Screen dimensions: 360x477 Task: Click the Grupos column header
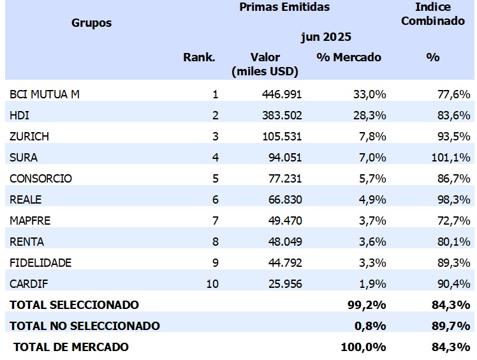click(x=91, y=23)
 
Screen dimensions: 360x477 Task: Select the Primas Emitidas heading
click(x=284, y=7)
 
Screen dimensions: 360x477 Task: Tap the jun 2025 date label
click(x=326, y=37)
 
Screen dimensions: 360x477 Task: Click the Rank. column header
click(x=199, y=57)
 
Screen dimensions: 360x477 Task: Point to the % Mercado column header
click(x=349, y=57)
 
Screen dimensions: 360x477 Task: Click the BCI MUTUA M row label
click(x=45, y=94)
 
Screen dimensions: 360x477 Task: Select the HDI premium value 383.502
click(x=281, y=116)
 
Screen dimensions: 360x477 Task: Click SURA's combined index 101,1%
click(x=451, y=158)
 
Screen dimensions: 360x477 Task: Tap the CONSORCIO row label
click(x=41, y=179)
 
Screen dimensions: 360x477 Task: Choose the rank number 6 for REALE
click(x=216, y=200)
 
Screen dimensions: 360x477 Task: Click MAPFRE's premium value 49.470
click(x=284, y=221)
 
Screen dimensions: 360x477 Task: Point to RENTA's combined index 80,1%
click(x=453, y=242)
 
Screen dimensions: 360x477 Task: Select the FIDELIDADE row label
click(x=41, y=263)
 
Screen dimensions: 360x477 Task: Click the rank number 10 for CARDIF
click(x=212, y=284)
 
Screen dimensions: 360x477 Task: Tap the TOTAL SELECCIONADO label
click(x=74, y=305)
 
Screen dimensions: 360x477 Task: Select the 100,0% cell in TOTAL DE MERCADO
click(x=363, y=347)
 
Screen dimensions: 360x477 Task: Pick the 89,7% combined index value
click(x=452, y=326)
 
